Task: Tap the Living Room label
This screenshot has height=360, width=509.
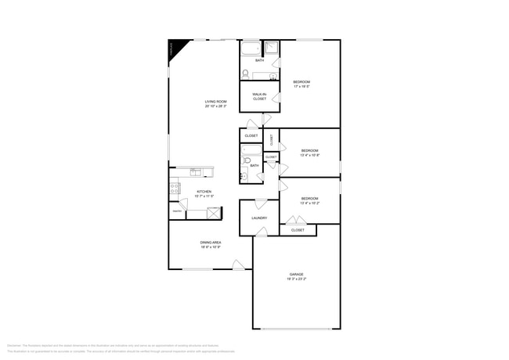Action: pyautogui.click(x=215, y=102)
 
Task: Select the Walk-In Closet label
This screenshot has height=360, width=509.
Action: pyautogui.click(x=259, y=96)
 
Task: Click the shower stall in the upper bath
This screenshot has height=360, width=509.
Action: pyautogui.click(x=272, y=48)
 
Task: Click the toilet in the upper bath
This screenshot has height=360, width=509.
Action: pyautogui.click(x=245, y=74)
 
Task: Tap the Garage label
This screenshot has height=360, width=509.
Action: pyautogui.click(x=296, y=274)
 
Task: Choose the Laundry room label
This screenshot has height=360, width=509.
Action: pyautogui.click(x=259, y=218)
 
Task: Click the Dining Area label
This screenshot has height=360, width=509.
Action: pyautogui.click(x=211, y=243)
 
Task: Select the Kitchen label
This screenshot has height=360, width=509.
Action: pyautogui.click(x=204, y=191)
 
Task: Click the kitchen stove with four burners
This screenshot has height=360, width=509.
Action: pyautogui.click(x=175, y=188)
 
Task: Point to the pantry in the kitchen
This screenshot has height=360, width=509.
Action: pyautogui.click(x=178, y=211)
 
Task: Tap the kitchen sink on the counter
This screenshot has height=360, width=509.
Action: pyautogui.click(x=196, y=172)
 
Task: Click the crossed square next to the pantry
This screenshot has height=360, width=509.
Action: pyautogui.click(x=213, y=212)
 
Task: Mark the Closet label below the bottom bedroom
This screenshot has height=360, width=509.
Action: pyautogui.click(x=298, y=230)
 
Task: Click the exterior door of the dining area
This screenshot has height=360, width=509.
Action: pyautogui.click(x=239, y=265)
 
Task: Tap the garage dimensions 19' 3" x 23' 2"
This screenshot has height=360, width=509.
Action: pyautogui.click(x=296, y=279)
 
